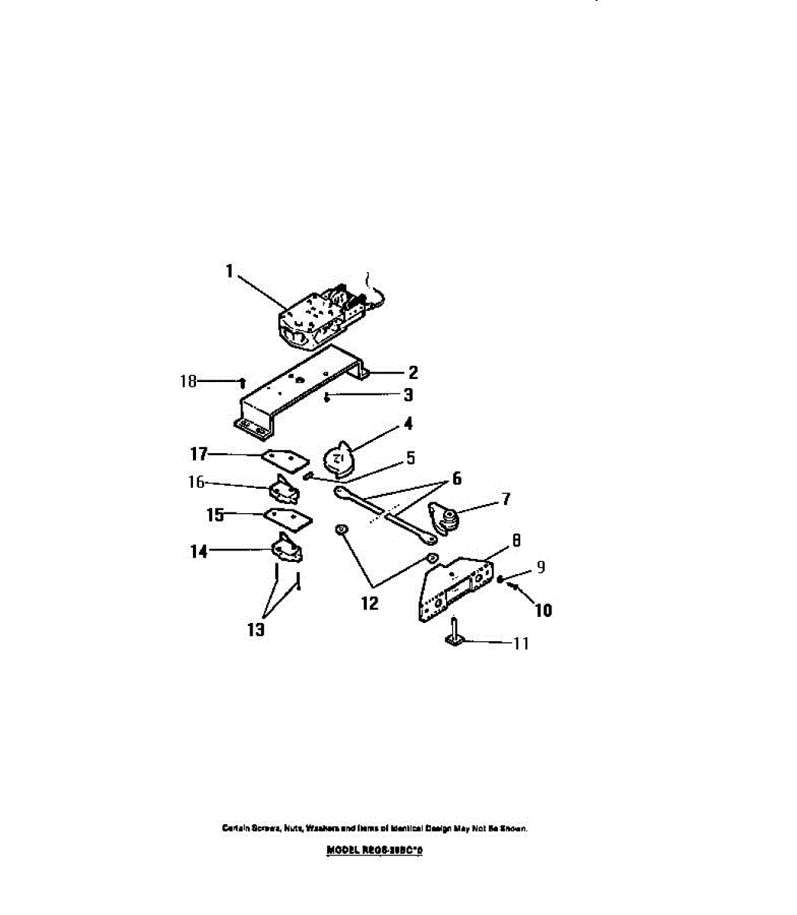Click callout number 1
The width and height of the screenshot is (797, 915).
(x=229, y=271)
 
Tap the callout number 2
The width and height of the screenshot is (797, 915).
(x=413, y=373)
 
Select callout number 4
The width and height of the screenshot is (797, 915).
(x=409, y=424)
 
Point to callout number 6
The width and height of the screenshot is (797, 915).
(x=457, y=479)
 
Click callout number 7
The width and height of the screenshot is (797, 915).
(x=506, y=500)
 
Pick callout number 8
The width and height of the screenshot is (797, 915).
(x=516, y=541)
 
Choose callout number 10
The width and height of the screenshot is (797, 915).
(x=544, y=610)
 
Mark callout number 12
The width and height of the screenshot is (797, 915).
(x=369, y=604)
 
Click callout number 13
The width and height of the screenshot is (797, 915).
(x=256, y=630)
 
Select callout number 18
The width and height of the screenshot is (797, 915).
(x=188, y=380)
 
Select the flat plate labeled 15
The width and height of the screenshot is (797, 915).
(x=288, y=518)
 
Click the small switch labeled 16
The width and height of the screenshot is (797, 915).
(x=284, y=490)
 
